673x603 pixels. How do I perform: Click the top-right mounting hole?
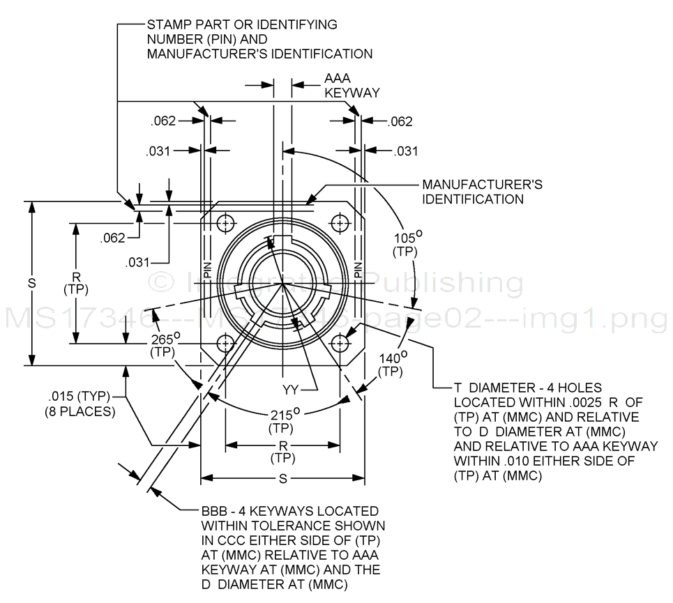point(340,224)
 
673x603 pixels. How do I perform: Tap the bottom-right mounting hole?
point(340,344)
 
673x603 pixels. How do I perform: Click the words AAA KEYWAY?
point(351,86)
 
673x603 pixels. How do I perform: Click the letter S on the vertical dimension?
point(31,283)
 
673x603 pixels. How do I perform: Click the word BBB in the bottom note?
point(215,511)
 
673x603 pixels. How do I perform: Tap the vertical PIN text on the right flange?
point(358,268)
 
